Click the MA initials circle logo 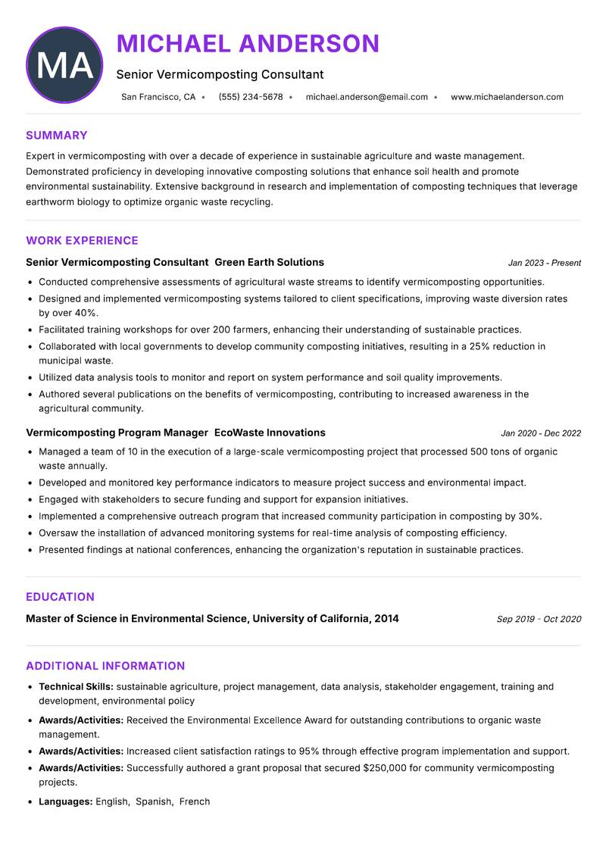pyautogui.click(x=64, y=65)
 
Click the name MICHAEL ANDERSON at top pyautogui.click(x=248, y=44)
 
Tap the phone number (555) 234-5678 pyautogui.click(x=251, y=97)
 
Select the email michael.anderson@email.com pyautogui.click(x=367, y=97)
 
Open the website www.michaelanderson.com pyautogui.click(x=507, y=97)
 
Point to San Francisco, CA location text pyautogui.click(x=158, y=97)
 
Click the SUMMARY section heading pyautogui.click(x=57, y=136)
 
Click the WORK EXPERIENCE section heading pyautogui.click(x=82, y=241)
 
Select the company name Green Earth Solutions pyautogui.click(x=269, y=262)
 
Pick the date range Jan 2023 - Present pyautogui.click(x=544, y=263)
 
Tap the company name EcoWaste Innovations pyautogui.click(x=270, y=433)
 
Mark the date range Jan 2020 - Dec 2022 pyautogui.click(x=540, y=433)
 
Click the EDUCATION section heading pyautogui.click(x=60, y=597)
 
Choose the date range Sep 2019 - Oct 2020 pyautogui.click(x=539, y=619)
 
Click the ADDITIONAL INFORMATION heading pyautogui.click(x=105, y=666)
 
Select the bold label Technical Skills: pyautogui.click(x=76, y=686)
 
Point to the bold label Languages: pyautogui.click(x=66, y=801)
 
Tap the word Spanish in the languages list pyautogui.click(x=154, y=801)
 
